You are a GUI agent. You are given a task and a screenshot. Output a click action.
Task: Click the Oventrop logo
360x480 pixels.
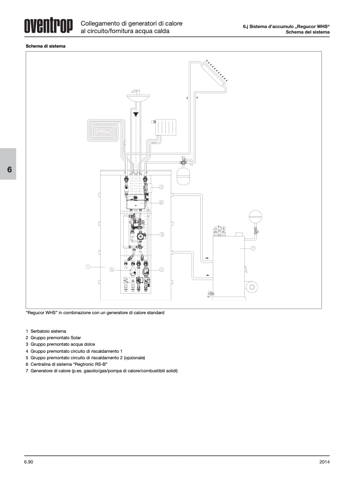tap(49, 26)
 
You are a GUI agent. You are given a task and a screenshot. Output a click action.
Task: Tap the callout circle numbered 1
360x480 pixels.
tap(88, 267)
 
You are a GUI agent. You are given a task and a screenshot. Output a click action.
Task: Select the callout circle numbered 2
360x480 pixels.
tap(161, 187)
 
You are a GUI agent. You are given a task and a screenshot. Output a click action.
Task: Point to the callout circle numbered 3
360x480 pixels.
tap(162, 234)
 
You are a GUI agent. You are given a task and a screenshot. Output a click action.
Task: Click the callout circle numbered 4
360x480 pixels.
tap(162, 270)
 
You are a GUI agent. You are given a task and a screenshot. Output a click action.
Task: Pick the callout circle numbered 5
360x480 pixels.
tap(112, 270)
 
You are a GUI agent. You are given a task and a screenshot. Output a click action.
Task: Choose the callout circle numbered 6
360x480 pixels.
tap(161, 202)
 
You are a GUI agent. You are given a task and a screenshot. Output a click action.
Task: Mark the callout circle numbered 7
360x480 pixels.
tap(253, 248)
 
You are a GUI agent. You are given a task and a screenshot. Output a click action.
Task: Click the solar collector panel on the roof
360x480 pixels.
tap(214, 74)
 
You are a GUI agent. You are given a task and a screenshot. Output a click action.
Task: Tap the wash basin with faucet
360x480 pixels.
tap(138, 96)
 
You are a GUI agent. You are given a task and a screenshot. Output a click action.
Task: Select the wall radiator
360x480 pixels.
tap(165, 127)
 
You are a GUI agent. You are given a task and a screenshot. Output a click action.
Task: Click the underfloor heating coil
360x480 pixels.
tap(105, 130)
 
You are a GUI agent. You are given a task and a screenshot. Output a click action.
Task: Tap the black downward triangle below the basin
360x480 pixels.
tap(136, 114)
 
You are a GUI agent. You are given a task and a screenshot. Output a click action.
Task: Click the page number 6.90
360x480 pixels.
tap(29, 462)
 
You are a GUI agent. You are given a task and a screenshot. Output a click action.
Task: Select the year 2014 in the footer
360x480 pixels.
tap(324, 462)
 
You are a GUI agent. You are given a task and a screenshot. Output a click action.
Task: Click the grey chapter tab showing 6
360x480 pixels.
tap(8, 164)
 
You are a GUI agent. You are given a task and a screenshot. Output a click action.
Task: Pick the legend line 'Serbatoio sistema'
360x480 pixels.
tap(46, 331)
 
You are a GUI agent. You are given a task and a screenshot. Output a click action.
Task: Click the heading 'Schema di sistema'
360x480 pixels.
tap(46, 46)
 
